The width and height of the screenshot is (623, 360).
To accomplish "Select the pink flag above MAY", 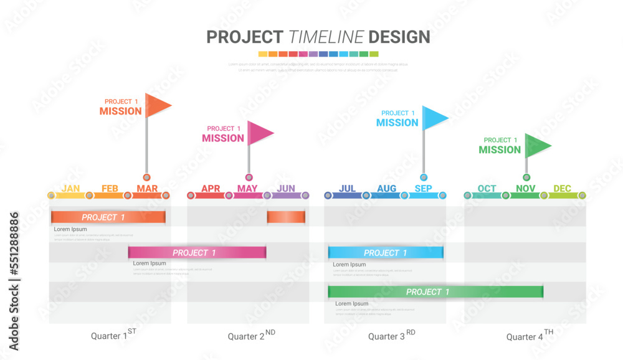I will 259,132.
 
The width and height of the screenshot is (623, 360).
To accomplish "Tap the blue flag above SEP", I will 434,117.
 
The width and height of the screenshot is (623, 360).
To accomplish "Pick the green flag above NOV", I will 536,145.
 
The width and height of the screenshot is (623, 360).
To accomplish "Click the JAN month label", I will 70,189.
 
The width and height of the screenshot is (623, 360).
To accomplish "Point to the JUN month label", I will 286,189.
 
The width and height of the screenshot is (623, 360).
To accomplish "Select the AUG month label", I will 386,189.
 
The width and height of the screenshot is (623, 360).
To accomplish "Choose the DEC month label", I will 562,189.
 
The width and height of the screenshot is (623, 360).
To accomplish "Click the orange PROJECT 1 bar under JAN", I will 108,217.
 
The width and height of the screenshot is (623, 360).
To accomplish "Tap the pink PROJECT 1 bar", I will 197,252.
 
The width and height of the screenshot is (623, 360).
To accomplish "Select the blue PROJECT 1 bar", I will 386,252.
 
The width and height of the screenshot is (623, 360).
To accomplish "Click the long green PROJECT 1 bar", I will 435,291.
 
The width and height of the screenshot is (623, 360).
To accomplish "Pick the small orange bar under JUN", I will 286,217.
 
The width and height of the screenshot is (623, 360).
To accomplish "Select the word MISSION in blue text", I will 397,123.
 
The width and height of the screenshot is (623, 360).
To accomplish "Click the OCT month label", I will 487,189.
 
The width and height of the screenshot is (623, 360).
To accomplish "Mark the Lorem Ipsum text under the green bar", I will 351,303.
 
